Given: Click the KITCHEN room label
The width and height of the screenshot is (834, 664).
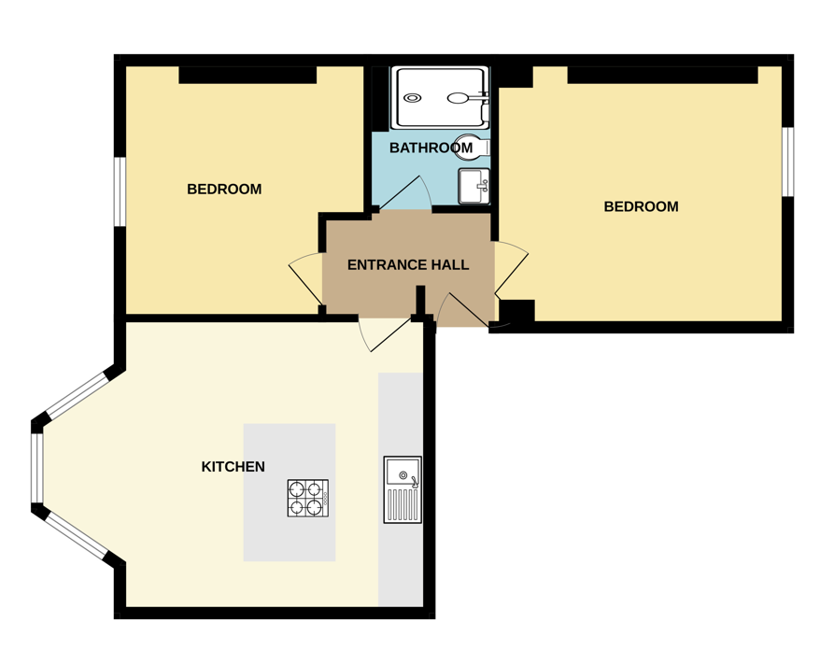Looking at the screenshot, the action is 233,467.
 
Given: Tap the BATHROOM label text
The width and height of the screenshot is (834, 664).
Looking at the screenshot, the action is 431,148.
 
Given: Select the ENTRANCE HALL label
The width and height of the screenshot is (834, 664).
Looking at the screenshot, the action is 408,265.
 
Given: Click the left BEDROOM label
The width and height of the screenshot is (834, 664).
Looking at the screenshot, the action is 224,189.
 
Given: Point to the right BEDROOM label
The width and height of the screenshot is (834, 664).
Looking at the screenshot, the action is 641,206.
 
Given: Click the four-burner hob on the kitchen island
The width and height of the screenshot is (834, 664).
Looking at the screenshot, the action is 308,498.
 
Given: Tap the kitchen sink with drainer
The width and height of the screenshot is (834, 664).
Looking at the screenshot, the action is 403,489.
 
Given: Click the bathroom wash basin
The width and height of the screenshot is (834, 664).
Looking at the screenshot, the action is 474,186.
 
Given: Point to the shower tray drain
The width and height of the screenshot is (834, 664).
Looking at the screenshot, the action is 412,98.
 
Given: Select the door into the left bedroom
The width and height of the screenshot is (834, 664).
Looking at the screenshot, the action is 305,279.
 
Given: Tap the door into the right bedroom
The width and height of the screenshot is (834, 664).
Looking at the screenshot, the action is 511,269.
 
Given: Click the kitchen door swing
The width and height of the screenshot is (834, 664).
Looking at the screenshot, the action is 384,334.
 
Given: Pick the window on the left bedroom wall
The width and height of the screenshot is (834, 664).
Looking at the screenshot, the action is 120,191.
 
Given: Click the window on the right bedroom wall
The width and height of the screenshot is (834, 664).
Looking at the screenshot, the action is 787,162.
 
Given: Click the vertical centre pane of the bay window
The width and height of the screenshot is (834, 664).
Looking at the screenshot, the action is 36,468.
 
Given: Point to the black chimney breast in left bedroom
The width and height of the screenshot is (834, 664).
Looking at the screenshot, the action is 247,75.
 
